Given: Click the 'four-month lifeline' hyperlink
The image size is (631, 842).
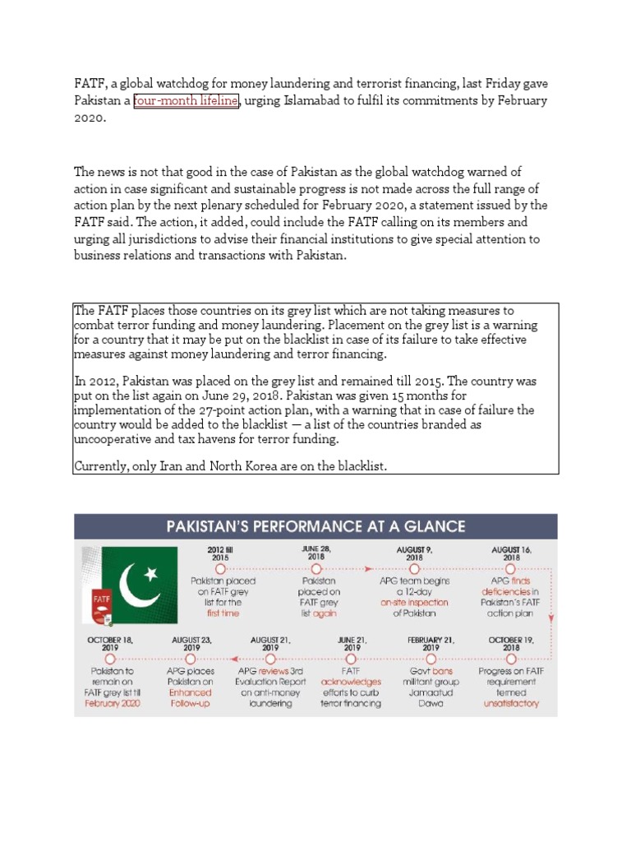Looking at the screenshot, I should (186, 100).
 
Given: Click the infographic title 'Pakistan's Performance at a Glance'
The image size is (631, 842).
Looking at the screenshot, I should (315, 527).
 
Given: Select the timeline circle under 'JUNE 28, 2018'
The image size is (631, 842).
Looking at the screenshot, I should (315, 568).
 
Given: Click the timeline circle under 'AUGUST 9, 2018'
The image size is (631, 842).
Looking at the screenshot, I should (413, 568).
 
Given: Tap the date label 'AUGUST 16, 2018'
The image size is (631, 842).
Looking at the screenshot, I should (510, 553).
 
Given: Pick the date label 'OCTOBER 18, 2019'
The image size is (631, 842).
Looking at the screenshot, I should (111, 643).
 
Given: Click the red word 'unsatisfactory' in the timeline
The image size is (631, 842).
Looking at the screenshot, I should (511, 704).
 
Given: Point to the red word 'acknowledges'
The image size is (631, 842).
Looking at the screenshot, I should (351, 682).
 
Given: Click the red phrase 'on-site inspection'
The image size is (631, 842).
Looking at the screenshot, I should (413, 602).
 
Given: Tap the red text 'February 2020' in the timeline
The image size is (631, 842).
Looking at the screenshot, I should (111, 704).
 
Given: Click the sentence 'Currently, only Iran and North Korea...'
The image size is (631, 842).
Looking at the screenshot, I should (231, 466).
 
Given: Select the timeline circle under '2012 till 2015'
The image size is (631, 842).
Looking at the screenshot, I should (220, 568).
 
